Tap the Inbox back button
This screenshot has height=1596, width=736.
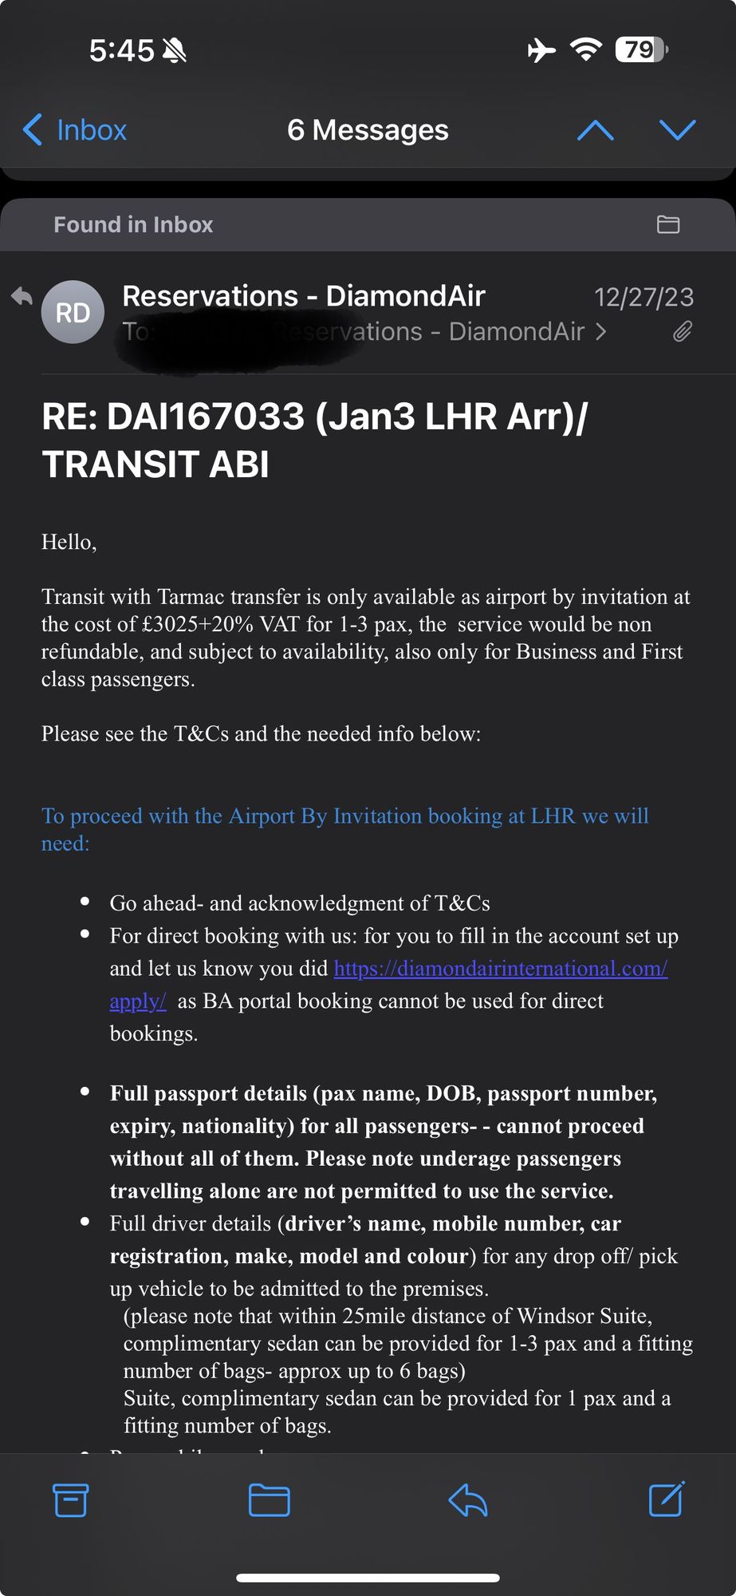pyautogui.click(x=75, y=130)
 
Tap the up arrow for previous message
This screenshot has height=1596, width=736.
pyautogui.click(x=595, y=130)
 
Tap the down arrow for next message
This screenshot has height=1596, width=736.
pyautogui.click(x=677, y=130)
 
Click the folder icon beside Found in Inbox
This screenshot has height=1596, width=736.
pyautogui.click(x=667, y=225)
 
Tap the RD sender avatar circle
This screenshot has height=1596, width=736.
pyautogui.click(x=73, y=312)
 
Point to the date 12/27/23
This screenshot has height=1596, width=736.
pyautogui.click(x=644, y=298)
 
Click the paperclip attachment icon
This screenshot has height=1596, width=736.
pyautogui.click(x=682, y=331)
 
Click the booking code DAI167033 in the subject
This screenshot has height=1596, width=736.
pyautogui.click(x=205, y=417)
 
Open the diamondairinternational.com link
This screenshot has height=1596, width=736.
pyautogui.click(x=500, y=969)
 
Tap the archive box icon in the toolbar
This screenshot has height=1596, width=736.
pyautogui.click(x=70, y=1500)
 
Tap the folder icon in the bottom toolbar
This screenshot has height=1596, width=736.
pyautogui.click(x=269, y=1500)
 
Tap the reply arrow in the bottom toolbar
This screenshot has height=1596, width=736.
pyautogui.click(x=467, y=1500)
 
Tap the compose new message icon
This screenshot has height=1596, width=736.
pyautogui.click(x=666, y=1499)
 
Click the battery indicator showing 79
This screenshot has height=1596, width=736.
pyautogui.click(x=640, y=50)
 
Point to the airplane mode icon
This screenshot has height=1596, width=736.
pyautogui.click(x=541, y=50)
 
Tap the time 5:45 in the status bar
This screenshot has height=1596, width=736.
pyautogui.click(x=121, y=50)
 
